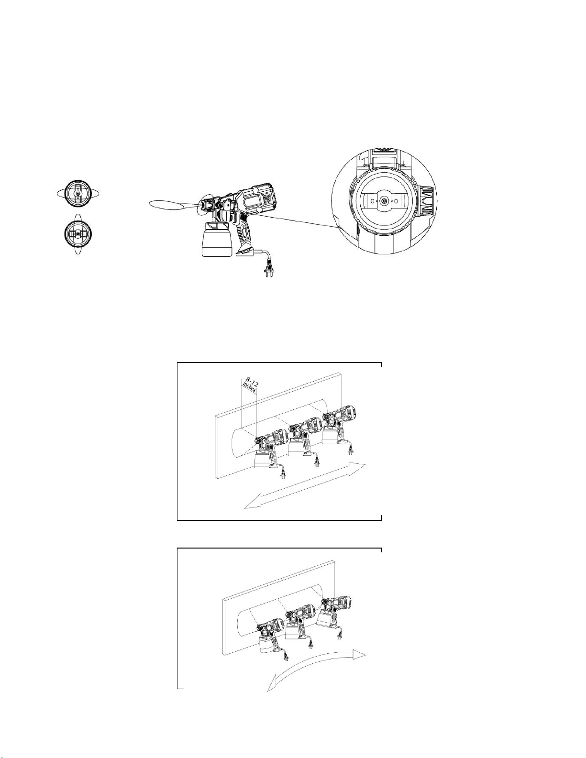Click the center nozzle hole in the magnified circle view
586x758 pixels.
pos(384,200)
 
